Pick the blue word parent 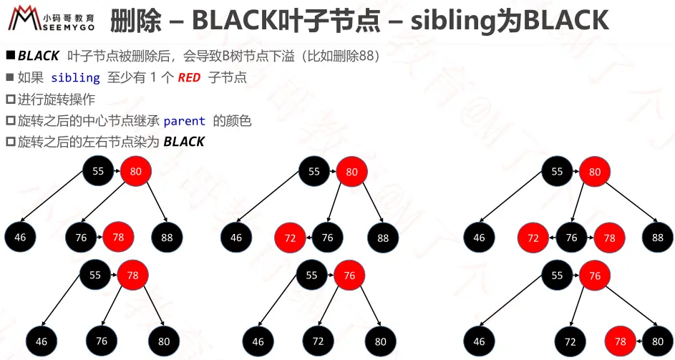click(x=184, y=121)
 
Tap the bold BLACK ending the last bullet click(x=184, y=142)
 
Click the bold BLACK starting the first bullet click(x=39, y=56)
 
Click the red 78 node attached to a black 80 click(x=621, y=341)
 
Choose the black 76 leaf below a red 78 click(x=102, y=341)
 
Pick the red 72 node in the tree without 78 click(x=290, y=238)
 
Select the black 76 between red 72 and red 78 click(x=570, y=238)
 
